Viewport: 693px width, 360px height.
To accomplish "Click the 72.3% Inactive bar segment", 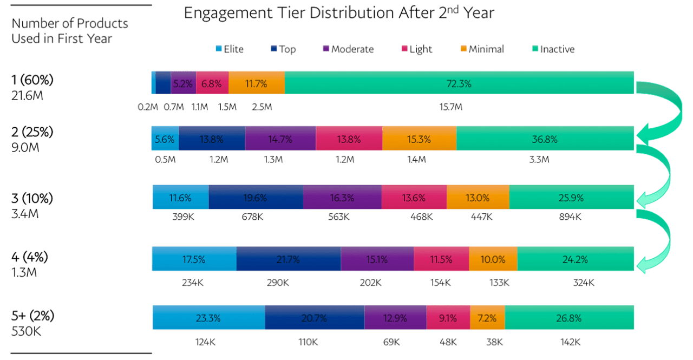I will click(459, 83).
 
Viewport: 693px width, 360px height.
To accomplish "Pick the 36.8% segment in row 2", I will click(545, 139).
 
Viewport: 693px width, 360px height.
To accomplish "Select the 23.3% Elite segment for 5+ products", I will click(208, 318).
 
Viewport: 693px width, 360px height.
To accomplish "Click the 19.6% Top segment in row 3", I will click(256, 198).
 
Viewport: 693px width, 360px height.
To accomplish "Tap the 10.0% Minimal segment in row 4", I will click(493, 259).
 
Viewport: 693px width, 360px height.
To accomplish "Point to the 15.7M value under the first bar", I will click(450, 107).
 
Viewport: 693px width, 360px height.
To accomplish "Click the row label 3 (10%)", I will click(32, 198).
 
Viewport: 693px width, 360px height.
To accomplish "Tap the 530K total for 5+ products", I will click(26, 331).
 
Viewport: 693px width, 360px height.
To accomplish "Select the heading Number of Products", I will click(70, 24).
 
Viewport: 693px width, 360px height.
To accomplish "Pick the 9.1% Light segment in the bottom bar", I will click(448, 318).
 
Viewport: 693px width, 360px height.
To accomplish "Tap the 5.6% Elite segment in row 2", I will click(165, 139).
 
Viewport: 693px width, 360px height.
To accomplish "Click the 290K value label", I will click(289, 283).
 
